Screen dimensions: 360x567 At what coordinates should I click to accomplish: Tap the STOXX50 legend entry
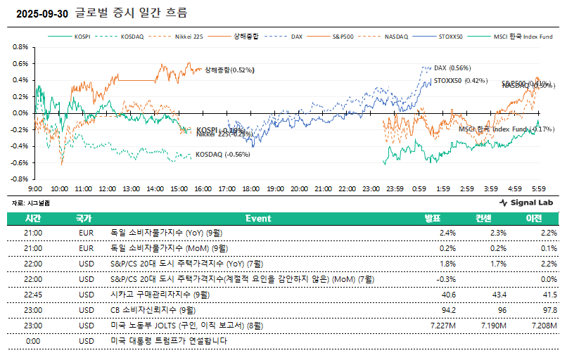[x=450, y=36]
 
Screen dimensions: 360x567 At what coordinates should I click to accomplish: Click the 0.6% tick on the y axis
[x=20, y=63]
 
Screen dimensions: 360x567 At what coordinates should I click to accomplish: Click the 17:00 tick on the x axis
[x=227, y=189]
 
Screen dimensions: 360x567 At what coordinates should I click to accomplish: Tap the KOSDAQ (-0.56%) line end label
[x=222, y=155]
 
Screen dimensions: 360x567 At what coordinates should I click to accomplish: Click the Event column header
[x=258, y=218]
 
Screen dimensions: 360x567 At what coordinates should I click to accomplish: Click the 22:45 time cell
[x=33, y=295]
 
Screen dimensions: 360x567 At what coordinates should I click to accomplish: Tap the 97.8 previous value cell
[x=549, y=311]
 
